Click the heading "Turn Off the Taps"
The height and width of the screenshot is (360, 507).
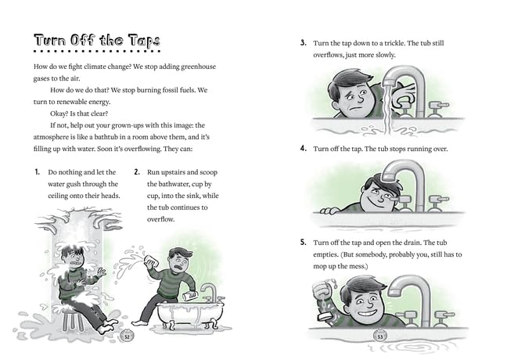(x=97, y=41)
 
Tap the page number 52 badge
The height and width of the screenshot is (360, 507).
(x=127, y=337)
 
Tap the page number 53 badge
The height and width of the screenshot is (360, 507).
(x=380, y=337)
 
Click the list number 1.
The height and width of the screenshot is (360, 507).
(x=38, y=172)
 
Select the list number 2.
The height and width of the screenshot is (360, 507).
(x=137, y=172)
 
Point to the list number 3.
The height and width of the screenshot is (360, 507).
(x=303, y=43)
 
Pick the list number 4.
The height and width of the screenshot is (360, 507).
(x=303, y=149)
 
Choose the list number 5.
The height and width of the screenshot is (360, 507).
(x=303, y=243)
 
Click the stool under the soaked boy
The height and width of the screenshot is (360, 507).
(x=74, y=319)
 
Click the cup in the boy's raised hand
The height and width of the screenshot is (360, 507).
(x=151, y=261)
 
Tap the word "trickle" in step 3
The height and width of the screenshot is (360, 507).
(x=394, y=43)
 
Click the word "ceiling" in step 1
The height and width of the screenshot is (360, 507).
(x=58, y=196)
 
